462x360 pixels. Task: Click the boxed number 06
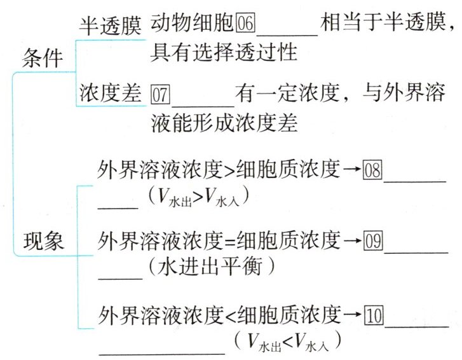(245, 25)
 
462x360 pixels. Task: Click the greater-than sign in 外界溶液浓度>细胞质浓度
(227, 170)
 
